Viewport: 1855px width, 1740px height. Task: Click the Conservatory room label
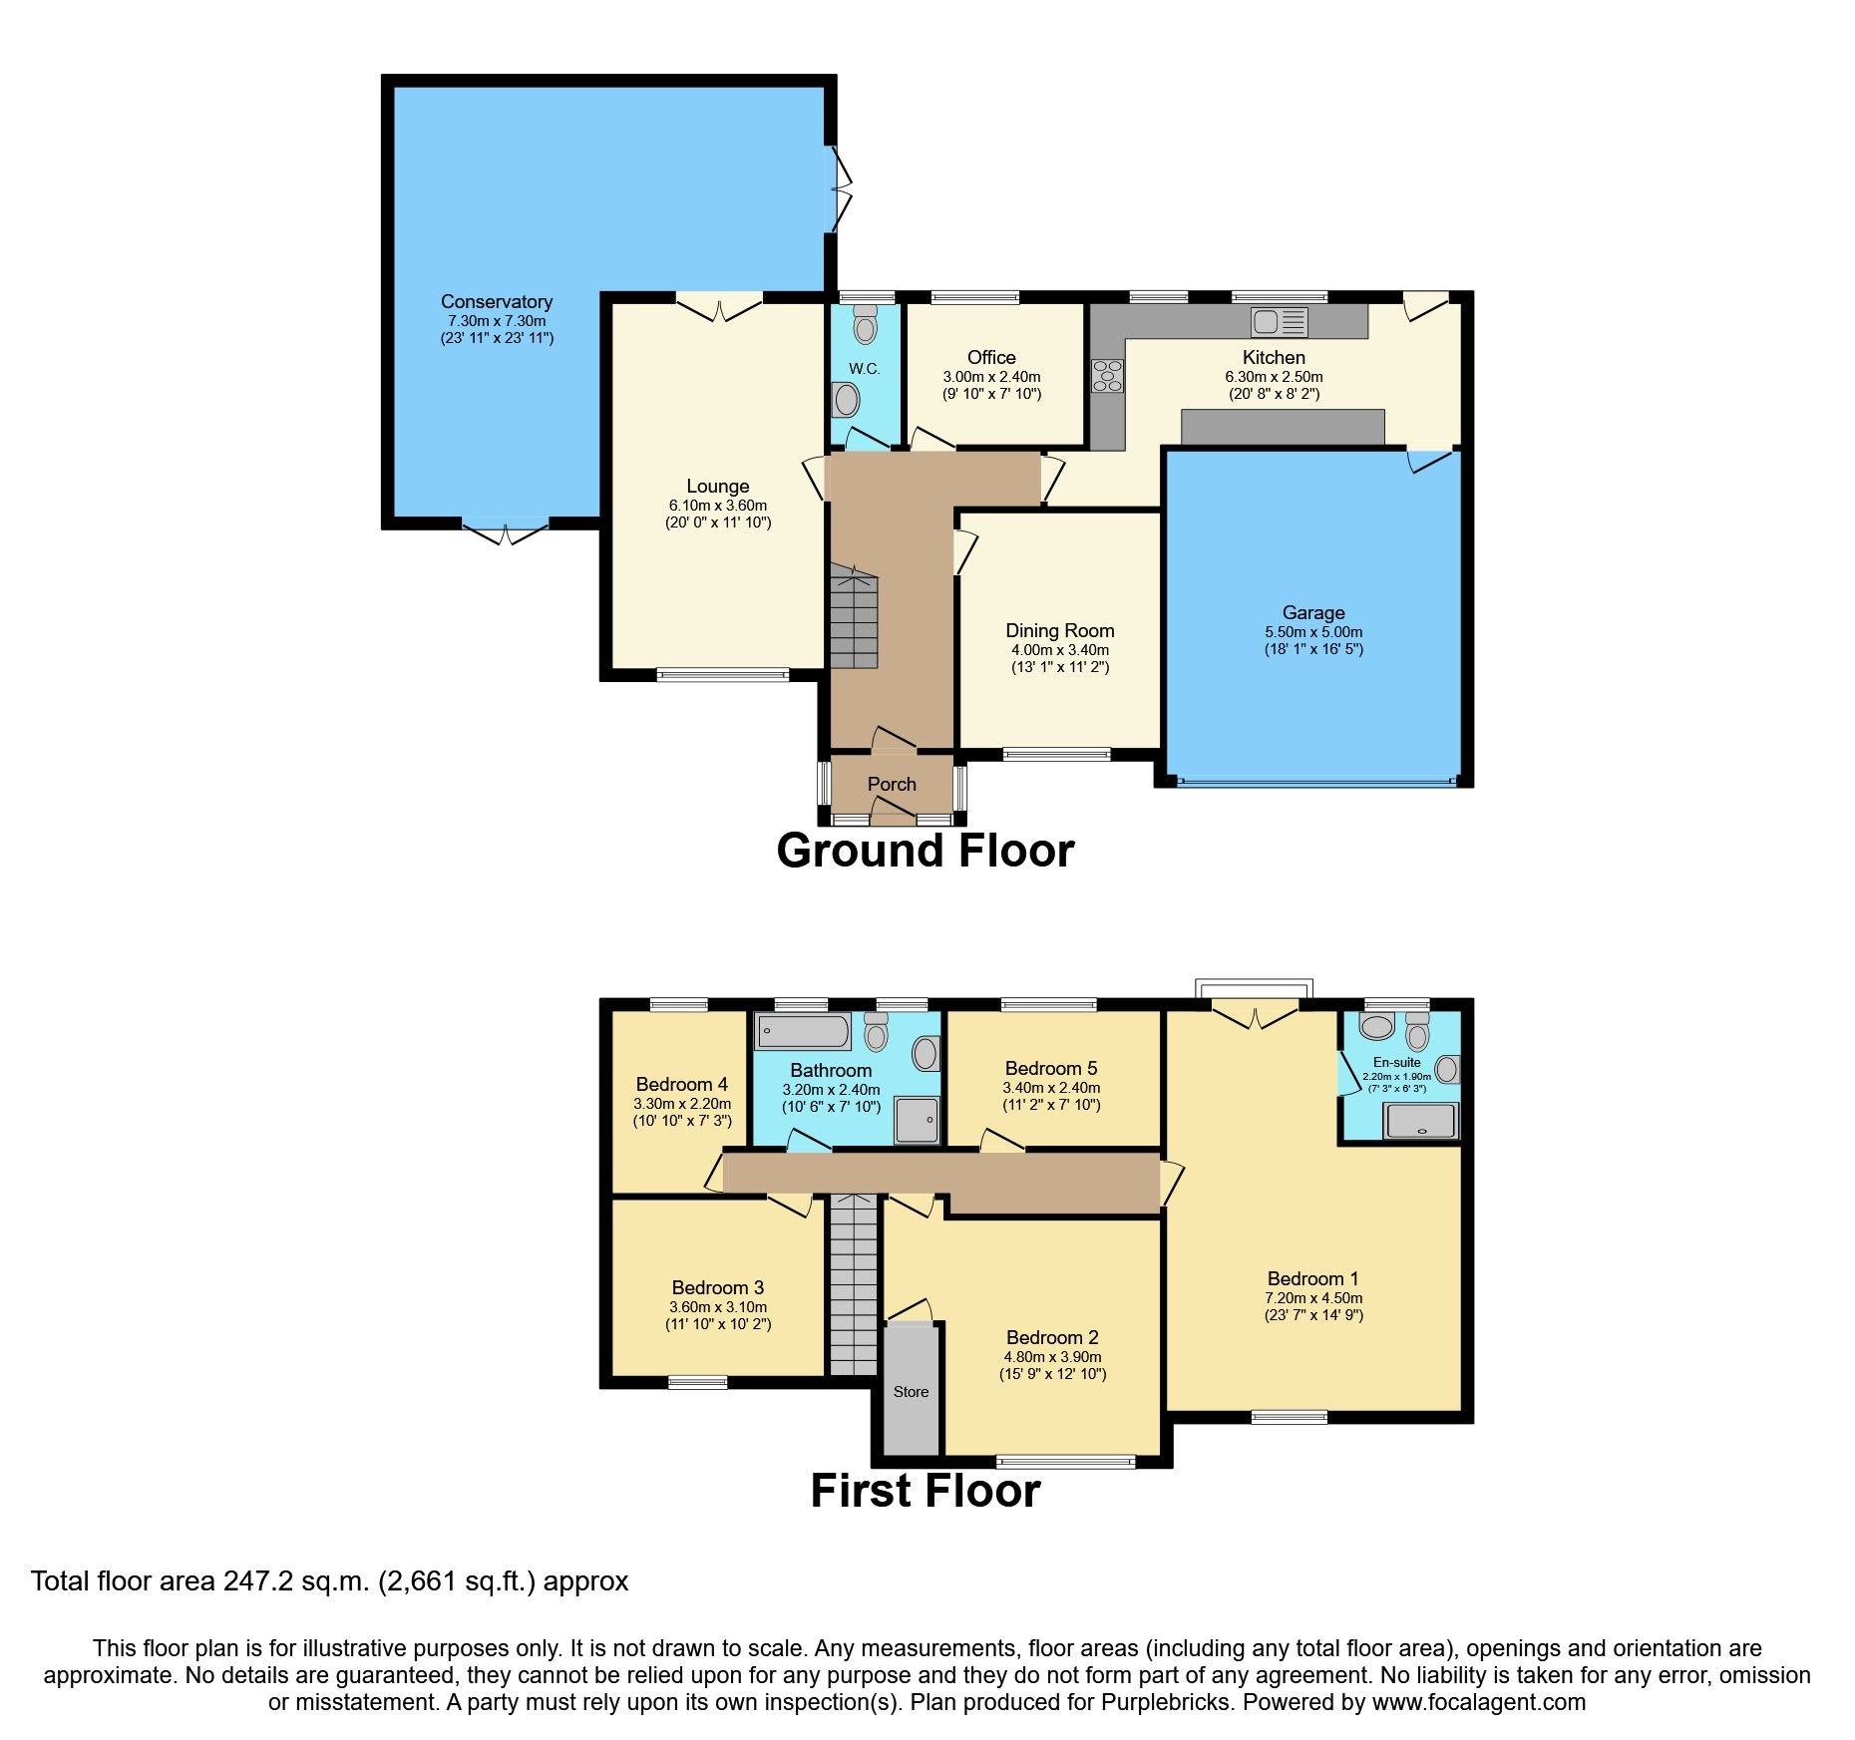[496, 301]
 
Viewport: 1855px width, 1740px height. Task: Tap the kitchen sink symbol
[1279, 321]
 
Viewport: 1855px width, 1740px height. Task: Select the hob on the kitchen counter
[1107, 376]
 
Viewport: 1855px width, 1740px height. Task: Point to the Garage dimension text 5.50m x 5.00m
[1313, 632]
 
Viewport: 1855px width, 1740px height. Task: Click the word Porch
[891, 784]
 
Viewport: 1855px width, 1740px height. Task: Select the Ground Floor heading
[925, 851]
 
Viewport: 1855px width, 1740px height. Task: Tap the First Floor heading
[925, 1491]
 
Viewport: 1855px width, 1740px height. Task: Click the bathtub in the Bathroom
[803, 1031]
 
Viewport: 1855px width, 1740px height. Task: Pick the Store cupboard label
[911, 1392]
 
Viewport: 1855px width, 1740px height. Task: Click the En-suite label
[1396, 1062]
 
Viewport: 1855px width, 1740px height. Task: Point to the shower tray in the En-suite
[1421, 1122]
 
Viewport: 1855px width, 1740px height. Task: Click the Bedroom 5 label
[1050, 1068]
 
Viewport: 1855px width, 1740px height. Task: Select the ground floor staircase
[853, 618]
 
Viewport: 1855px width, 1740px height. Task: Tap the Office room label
[991, 357]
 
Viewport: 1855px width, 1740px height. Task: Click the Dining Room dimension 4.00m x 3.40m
[1059, 650]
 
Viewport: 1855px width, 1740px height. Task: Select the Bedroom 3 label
[717, 1287]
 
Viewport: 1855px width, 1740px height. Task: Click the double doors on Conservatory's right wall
[841, 189]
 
